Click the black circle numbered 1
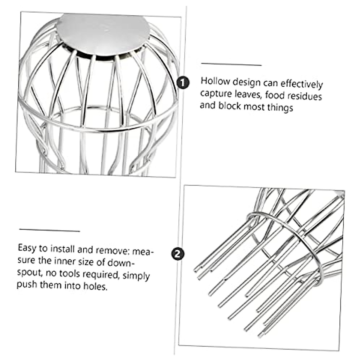183,82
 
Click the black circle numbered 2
178,254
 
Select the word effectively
304,84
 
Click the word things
280,108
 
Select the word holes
97,286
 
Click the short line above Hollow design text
231,64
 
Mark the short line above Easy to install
50,230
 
